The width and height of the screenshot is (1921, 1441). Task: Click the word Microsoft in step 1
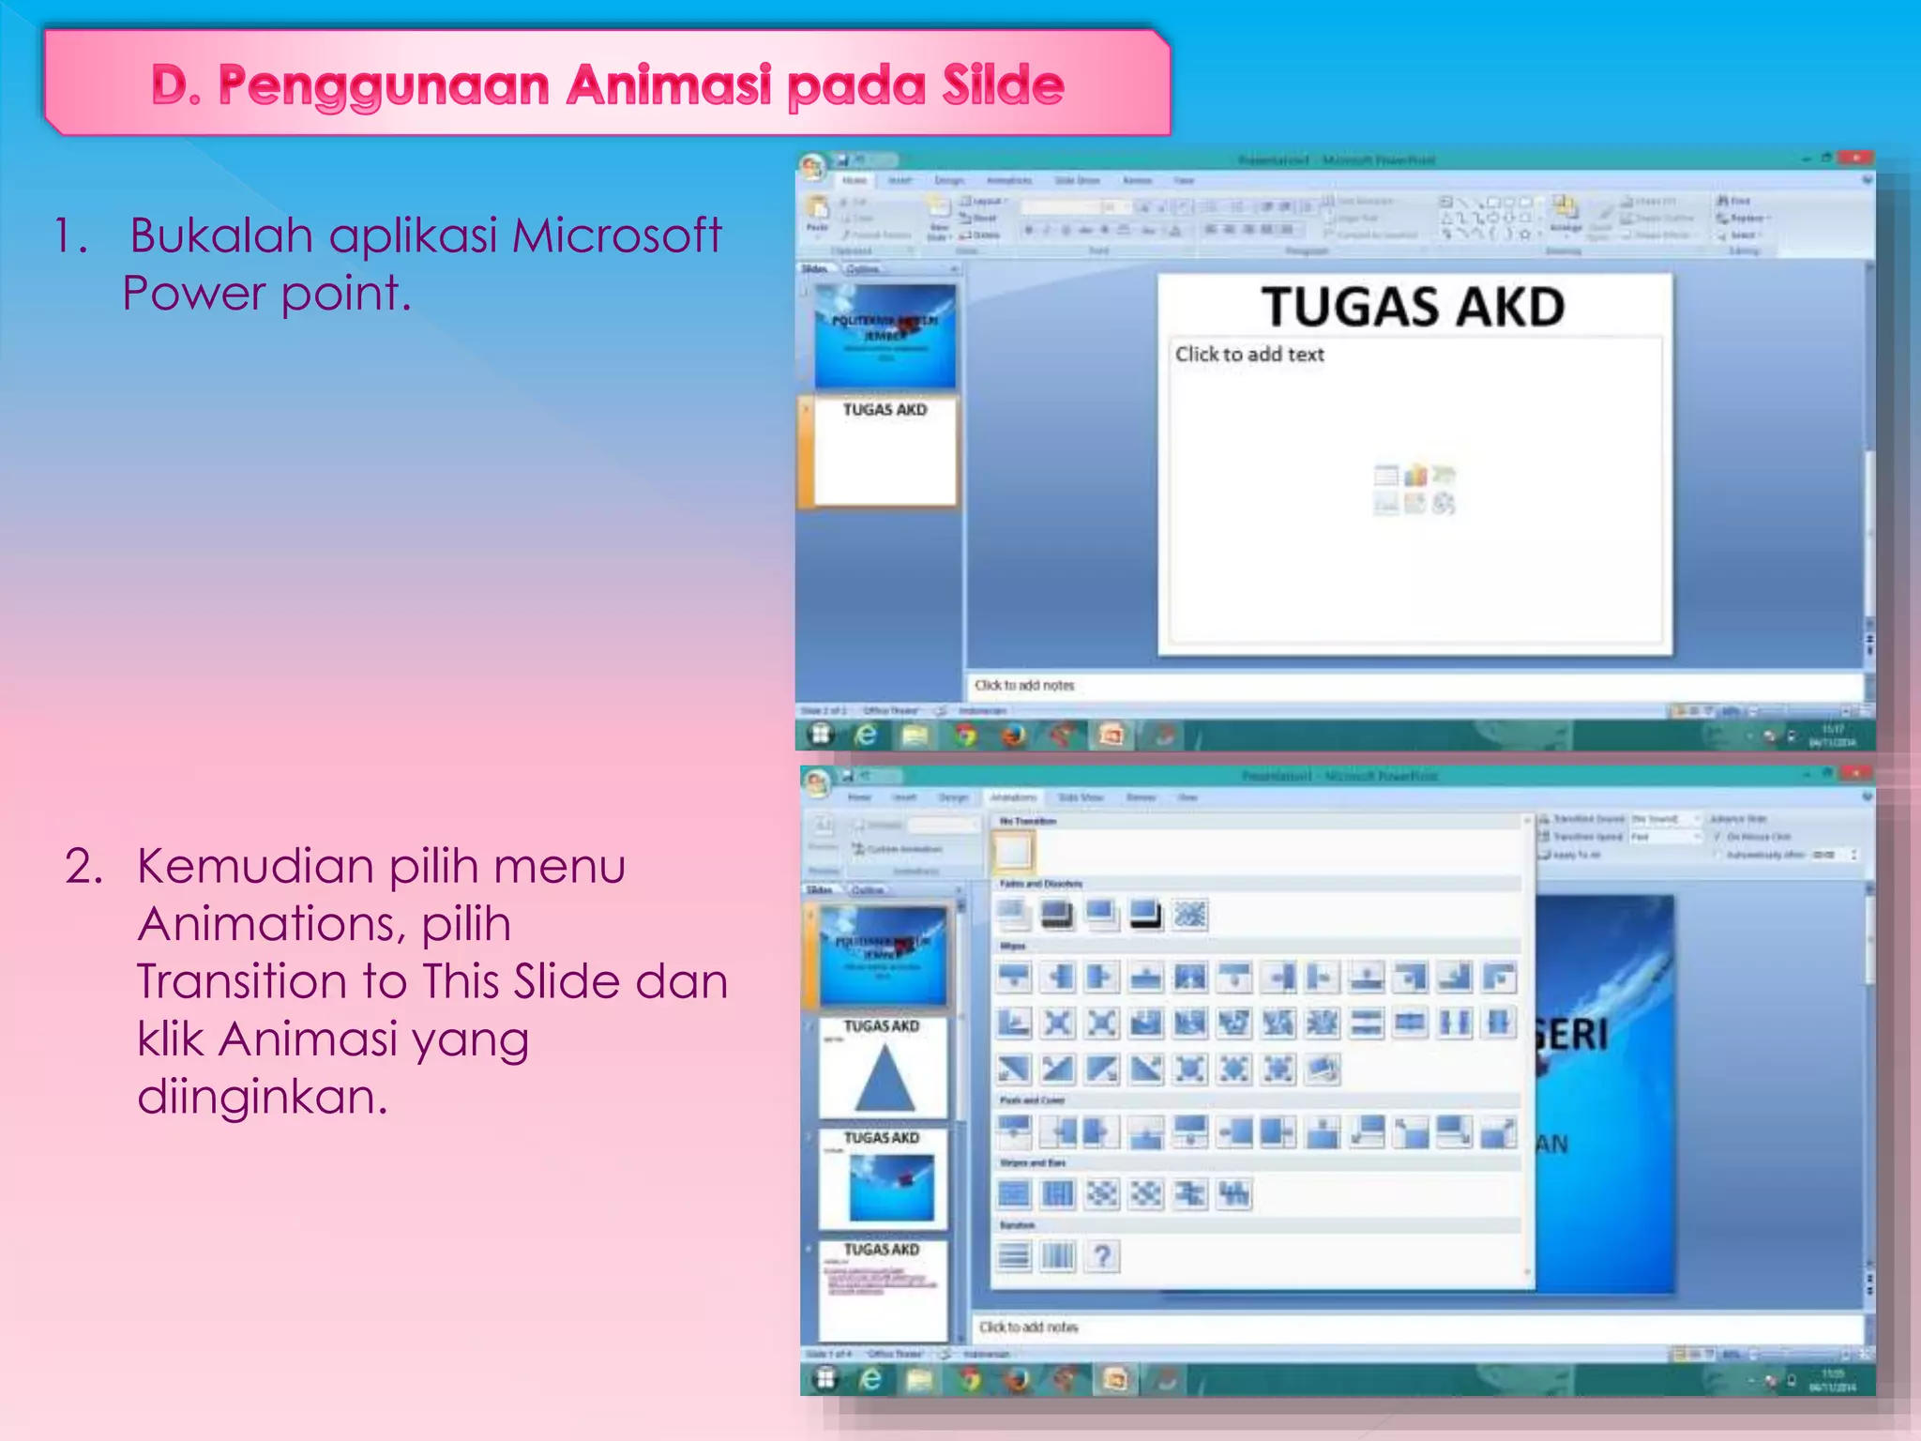tap(616, 235)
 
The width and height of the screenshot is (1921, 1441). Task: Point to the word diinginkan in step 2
tap(262, 1097)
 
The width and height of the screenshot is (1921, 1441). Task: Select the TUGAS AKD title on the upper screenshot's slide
tap(1413, 308)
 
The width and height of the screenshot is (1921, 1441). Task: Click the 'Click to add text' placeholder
tap(1249, 355)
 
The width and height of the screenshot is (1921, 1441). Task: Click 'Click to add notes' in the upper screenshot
tap(1024, 686)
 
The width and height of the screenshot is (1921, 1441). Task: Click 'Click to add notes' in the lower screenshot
tap(1029, 1327)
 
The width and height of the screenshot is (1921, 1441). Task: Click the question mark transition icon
tap(1103, 1256)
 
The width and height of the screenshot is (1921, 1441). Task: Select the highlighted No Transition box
tap(1013, 852)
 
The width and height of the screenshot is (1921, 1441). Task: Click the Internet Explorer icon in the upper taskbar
tap(867, 736)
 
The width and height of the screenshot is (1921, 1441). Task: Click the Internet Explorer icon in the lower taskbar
tap(870, 1378)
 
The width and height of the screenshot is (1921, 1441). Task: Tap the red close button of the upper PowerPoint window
tap(1854, 159)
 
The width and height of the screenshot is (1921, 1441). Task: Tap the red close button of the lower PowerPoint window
tap(1854, 774)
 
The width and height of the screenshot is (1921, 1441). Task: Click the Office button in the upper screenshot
tap(812, 168)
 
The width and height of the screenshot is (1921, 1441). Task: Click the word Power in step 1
tap(194, 294)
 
